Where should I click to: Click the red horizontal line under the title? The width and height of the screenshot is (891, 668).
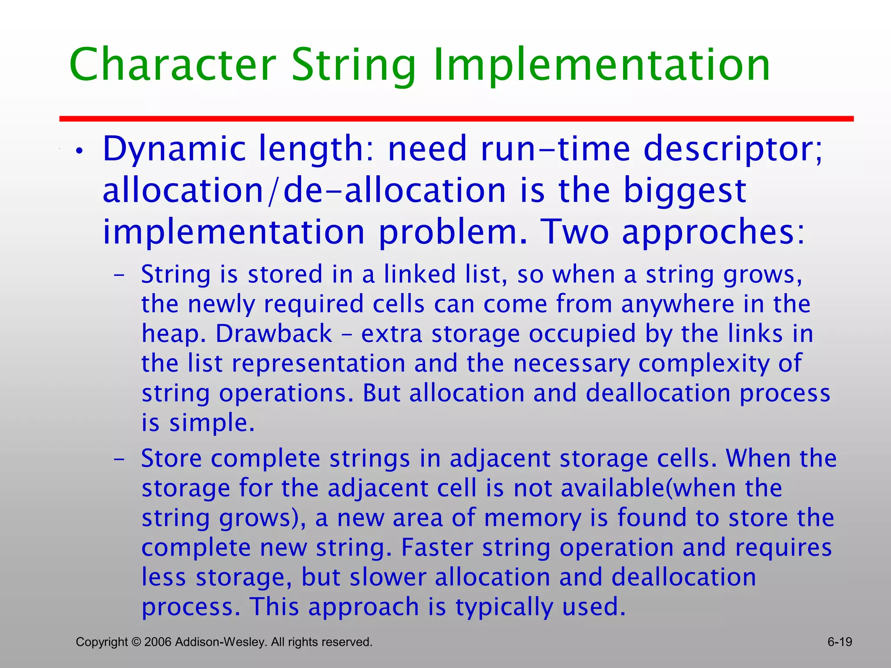(x=456, y=119)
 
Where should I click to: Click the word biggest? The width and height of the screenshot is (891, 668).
(x=685, y=191)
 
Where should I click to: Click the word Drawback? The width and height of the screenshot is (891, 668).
(x=274, y=334)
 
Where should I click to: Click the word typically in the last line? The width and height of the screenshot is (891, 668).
(x=504, y=607)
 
